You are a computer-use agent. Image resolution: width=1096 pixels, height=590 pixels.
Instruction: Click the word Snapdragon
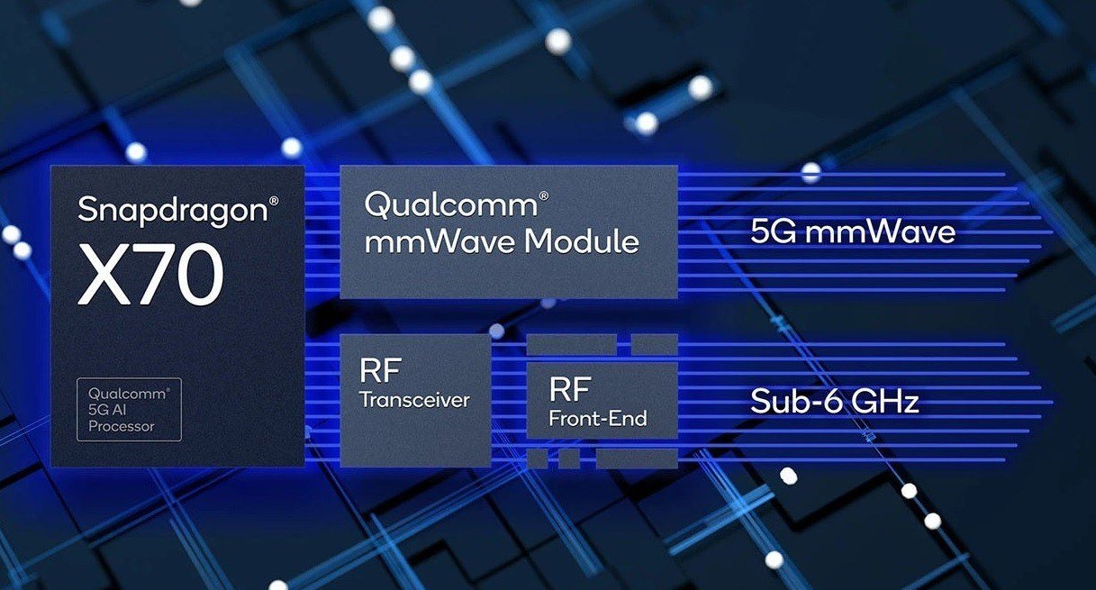tap(172, 210)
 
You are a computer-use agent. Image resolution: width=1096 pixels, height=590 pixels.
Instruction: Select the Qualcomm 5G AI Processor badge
tap(129, 410)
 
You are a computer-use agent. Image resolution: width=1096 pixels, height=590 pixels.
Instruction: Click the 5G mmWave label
tap(852, 232)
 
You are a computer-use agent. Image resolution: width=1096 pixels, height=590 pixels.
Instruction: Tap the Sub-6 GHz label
tap(835, 401)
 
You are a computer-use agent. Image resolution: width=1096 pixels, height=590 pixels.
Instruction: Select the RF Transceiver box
tap(415, 399)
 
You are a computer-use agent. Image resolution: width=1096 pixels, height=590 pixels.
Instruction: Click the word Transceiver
tap(414, 400)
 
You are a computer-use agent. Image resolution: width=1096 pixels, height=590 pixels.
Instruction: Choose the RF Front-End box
tap(601, 401)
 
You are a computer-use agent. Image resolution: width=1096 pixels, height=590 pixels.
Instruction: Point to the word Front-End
tap(598, 418)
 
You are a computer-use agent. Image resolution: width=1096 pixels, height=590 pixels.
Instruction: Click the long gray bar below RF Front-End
tap(636, 458)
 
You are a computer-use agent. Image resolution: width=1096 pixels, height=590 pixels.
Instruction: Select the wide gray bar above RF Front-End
tap(571, 344)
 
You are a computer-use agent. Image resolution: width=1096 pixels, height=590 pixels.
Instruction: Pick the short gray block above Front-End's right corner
tap(654, 344)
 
